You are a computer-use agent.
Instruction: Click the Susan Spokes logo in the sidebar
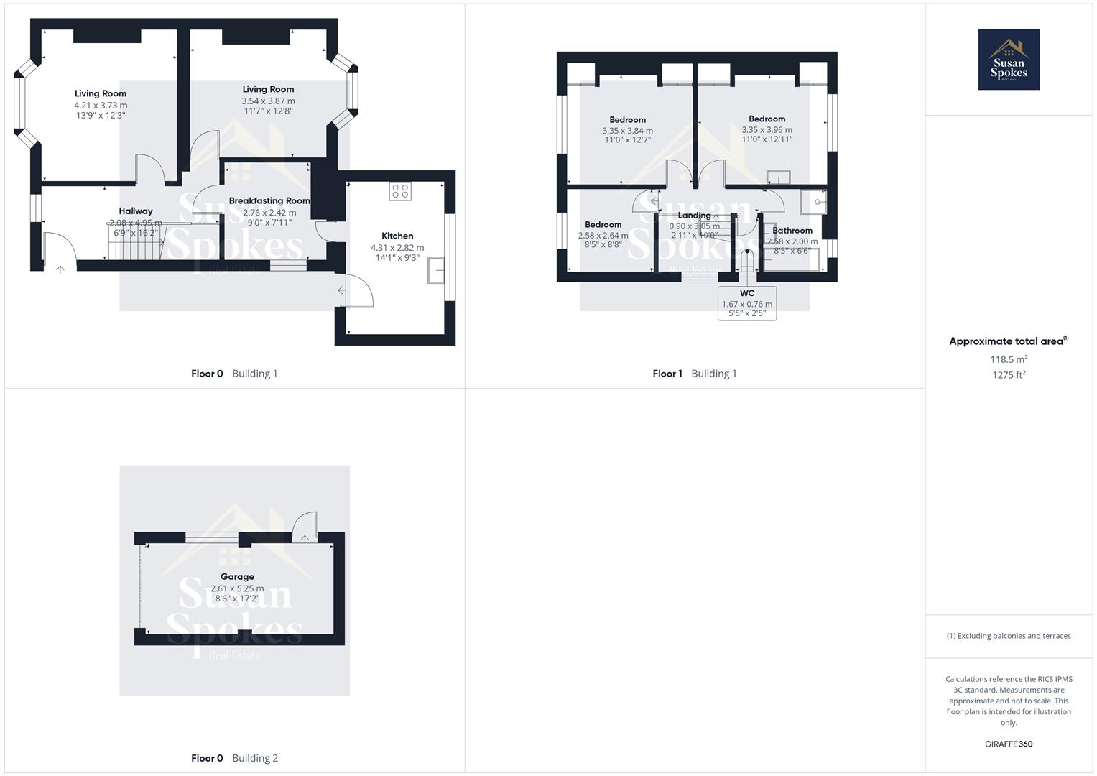(x=1008, y=60)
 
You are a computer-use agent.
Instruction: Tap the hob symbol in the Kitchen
(x=400, y=191)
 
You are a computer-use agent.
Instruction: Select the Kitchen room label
(x=397, y=236)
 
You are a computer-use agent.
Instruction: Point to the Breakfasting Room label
(x=269, y=201)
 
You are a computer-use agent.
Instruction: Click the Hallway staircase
(x=136, y=241)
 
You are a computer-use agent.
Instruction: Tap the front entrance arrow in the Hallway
(x=60, y=269)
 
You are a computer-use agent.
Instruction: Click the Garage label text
(x=237, y=576)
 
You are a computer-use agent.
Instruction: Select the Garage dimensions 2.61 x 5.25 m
(x=237, y=588)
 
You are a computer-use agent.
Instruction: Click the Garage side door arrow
(x=305, y=538)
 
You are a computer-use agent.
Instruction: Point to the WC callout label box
(x=747, y=303)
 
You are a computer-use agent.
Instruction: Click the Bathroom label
(x=792, y=231)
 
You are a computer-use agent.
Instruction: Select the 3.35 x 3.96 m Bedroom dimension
(x=767, y=130)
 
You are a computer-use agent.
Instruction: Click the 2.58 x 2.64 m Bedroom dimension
(x=603, y=235)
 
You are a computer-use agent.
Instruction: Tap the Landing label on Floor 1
(x=694, y=216)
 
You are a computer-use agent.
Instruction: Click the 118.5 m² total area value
(x=1009, y=359)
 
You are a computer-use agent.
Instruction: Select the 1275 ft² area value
(x=1009, y=374)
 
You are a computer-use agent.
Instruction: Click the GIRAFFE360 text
(x=1009, y=744)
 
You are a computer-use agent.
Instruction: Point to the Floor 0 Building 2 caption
(x=234, y=758)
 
